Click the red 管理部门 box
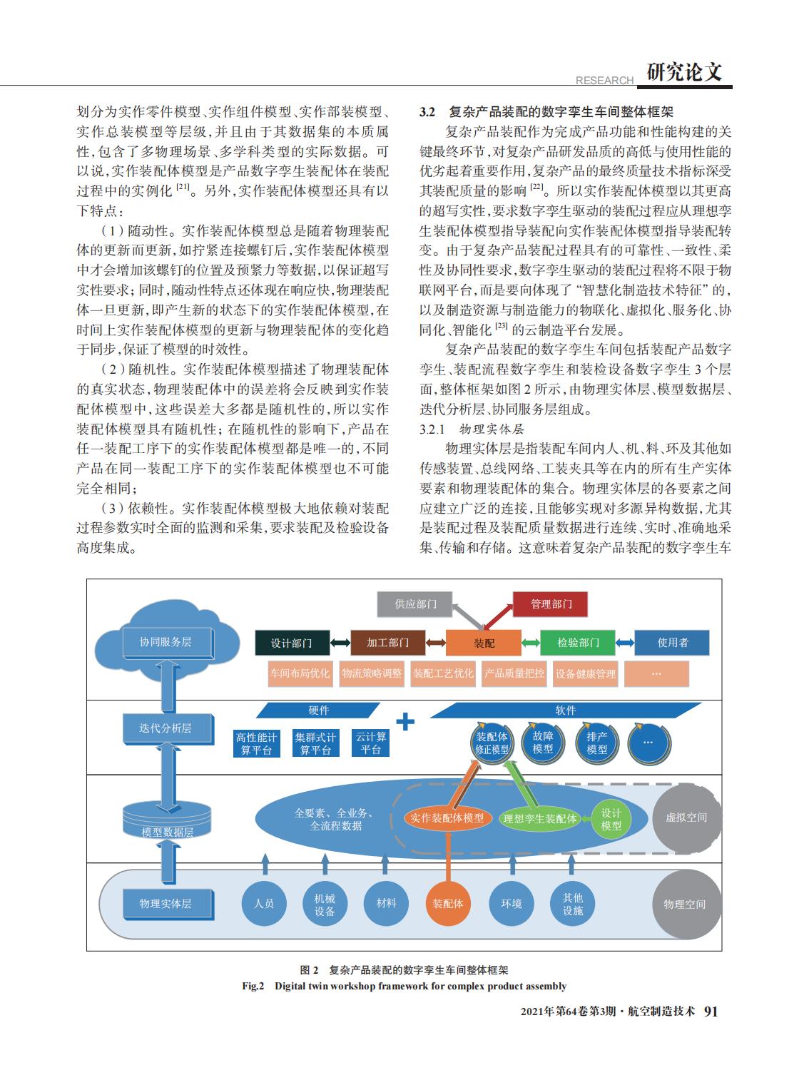pos(550,604)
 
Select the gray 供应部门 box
pos(414,604)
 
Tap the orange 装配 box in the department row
pos(483,643)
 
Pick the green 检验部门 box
pos(578,642)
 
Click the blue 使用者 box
pos(672,642)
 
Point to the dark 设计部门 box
pos(292,643)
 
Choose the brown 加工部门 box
pos(388,642)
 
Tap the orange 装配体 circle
pos(447,903)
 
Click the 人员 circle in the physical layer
pos(264,903)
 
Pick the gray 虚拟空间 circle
pos(686,817)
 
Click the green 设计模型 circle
pos(611,819)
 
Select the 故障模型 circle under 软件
pos(543,743)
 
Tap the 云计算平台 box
pos(370,743)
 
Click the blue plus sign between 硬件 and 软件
pos(405,721)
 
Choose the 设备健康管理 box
pos(586,673)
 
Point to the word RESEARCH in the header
pos(604,80)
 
